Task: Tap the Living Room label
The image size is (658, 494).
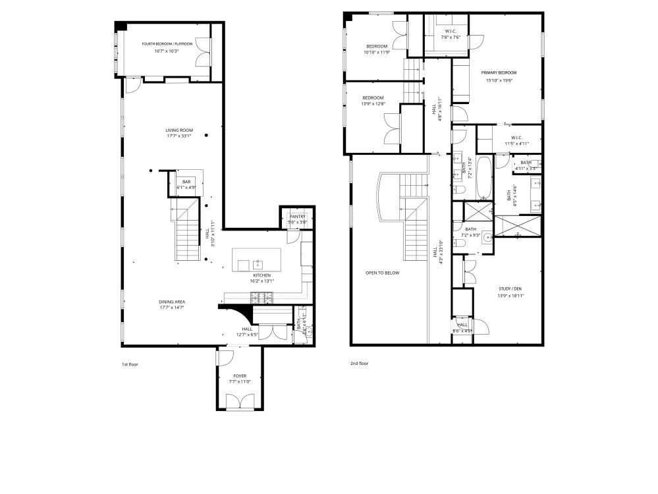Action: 175,130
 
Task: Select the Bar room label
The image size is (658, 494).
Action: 186,181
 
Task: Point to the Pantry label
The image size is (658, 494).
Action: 298,217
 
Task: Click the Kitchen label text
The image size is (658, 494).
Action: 262,275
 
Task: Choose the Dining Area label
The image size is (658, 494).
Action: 171,302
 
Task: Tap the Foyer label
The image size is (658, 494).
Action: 238,376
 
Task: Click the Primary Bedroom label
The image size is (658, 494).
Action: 499,73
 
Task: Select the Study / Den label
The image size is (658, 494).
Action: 508,288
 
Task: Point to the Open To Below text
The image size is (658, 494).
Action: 382,273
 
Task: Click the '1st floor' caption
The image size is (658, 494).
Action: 130,364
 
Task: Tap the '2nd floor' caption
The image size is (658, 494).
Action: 359,364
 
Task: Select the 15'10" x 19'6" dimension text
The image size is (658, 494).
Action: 499,80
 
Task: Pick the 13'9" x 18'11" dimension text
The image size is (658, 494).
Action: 508,296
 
